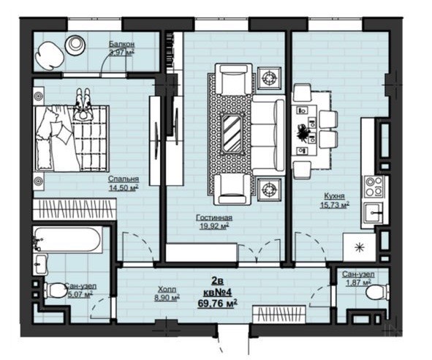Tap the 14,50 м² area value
click(x=123, y=188)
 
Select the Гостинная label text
click(x=214, y=217)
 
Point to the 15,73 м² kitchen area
click(x=335, y=205)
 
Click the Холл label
click(x=167, y=289)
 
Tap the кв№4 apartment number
click(x=218, y=292)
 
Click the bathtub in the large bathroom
click(x=67, y=239)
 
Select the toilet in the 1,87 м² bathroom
click(x=377, y=293)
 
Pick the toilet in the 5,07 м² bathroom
click(x=56, y=290)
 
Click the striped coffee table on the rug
click(x=232, y=133)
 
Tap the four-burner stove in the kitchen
click(x=374, y=187)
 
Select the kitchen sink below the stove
click(x=373, y=212)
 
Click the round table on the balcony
click(x=75, y=45)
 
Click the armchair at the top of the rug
click(x=234, y=78)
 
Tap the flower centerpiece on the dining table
click(x=303, y=134)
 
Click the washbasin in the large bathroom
click(x=41, y=264)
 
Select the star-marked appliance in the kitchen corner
click(x=359, y=247)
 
